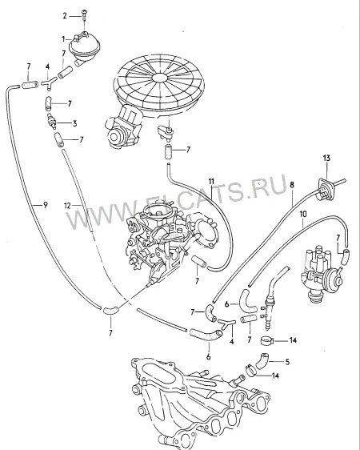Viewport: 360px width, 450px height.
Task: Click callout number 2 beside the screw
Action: point(65,16)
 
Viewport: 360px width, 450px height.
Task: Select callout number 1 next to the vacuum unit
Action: point(64,38)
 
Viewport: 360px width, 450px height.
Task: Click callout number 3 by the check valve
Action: point(74,123)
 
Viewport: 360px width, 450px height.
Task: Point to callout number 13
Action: point(326,158)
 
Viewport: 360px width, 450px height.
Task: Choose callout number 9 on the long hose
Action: point(46,205)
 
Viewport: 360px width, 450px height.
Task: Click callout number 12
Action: point(67,205)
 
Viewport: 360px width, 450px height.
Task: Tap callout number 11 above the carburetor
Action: point(211,181)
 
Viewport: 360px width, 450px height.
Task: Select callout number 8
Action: point(292,185)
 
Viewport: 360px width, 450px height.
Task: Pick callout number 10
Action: point(303,214)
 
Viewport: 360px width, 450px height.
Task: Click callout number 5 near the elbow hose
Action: point(287,362)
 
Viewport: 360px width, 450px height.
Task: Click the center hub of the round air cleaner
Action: point(160,78)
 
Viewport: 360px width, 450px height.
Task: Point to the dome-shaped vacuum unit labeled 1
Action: point(85,47)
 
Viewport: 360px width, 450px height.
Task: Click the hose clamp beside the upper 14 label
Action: point(267,341)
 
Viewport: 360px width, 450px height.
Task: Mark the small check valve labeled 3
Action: point(51,120)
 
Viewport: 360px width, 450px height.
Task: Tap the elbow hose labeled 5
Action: point(262,361)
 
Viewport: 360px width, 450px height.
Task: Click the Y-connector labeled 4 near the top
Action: point(49,82)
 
